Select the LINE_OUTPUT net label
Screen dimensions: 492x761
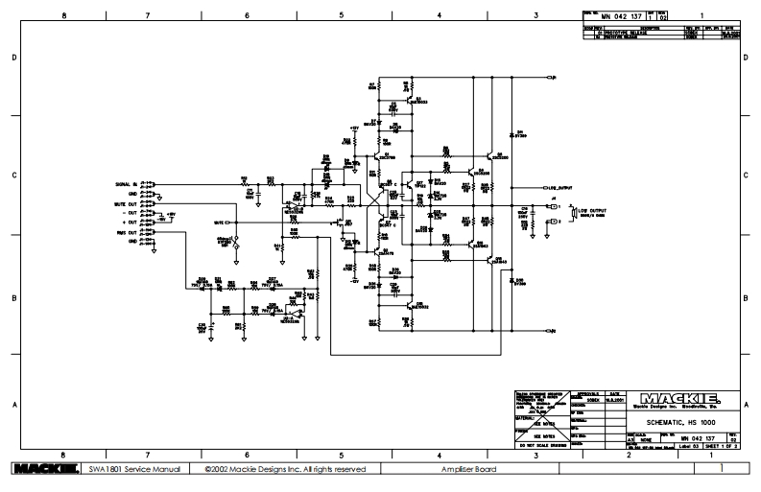click(559, 187)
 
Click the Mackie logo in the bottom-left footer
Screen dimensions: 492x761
click(43, 470)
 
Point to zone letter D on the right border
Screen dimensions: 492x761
click(749, 58)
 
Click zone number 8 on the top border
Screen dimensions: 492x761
click(64, 16)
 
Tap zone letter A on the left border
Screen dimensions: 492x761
click(13, 405)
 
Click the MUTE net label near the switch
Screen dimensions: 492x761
click(219, 222)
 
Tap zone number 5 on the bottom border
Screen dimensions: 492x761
click(342, 454)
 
